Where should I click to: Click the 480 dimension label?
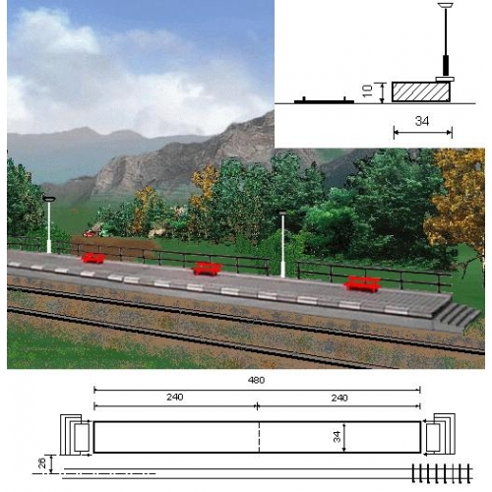tap(256, 380)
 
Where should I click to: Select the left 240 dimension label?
tap(174, 398)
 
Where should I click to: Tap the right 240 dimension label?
tap(339, 398)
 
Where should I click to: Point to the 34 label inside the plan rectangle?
tap(337, 437)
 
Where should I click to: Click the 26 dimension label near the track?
tap(42, 463)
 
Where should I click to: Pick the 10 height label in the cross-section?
tap(368, 91)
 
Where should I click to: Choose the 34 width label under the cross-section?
tap(422, 121)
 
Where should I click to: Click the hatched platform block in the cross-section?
tap(421, 92)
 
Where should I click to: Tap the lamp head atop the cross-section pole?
tap(446, 5)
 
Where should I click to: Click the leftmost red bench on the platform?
tap(93, 258)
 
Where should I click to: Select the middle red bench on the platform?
tap(207, 269)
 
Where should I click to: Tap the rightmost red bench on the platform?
tap(362, 284)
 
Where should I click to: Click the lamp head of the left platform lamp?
tap(49, 199)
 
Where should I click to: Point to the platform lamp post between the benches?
tap(282, 244)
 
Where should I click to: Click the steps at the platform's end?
tap(457, 317)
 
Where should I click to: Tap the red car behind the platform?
tap(90, 234)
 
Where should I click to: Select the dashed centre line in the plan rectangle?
tap(259, 437)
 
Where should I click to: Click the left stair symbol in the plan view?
tap(75, 435)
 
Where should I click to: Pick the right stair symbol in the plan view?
tap(440, 434)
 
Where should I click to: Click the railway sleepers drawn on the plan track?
tap(442, 473)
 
